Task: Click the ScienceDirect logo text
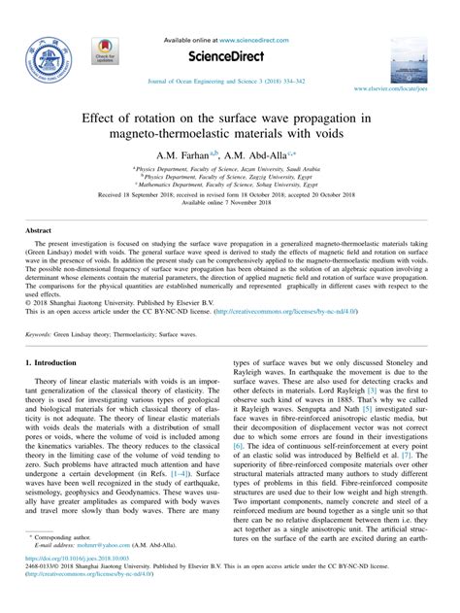pos(229,56)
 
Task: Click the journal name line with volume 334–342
pos(230,82)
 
